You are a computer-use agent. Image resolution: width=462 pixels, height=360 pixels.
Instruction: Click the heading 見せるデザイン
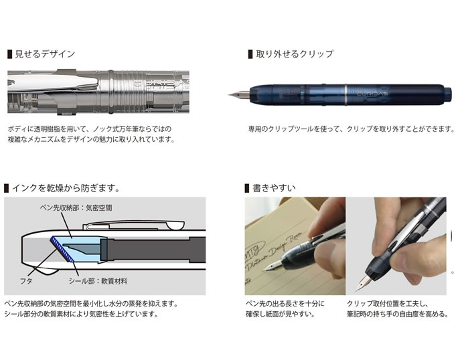coord(45,54)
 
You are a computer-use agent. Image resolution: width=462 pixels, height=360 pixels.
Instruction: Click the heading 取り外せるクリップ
coord(295,54)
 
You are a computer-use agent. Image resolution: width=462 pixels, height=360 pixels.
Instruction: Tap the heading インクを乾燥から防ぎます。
coord(66,188)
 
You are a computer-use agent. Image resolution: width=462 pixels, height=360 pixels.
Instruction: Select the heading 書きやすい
coord(274,188)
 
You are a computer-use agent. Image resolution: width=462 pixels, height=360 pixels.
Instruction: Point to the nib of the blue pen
coord(239,95)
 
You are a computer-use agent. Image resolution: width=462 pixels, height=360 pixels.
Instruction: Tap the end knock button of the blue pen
coord(447,95)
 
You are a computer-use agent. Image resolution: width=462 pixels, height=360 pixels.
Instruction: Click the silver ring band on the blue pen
coord(345,94)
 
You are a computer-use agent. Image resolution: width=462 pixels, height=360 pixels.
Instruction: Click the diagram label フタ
coord(26,281)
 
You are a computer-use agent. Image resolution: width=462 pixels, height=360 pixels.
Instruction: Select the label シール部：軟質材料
coord(98,281)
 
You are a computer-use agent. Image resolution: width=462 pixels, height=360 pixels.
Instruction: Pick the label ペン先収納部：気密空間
coord(76,208)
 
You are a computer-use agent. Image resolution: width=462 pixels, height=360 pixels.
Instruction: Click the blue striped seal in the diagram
coord(62,249)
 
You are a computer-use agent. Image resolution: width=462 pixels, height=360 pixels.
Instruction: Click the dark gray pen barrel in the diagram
coord(153,250)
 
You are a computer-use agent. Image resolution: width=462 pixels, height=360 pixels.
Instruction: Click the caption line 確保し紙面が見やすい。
coord(281,314)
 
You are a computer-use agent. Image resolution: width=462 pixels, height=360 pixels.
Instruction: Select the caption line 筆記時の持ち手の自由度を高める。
coord(398,314)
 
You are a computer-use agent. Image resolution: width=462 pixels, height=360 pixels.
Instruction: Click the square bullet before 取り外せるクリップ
coord(250,54)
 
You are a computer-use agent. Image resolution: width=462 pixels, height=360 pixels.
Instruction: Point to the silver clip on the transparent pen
coord(53,83)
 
